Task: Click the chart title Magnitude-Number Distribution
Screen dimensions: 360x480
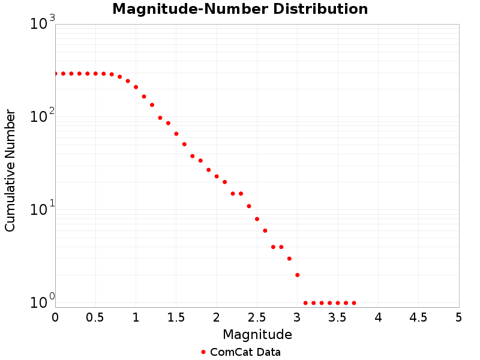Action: click(240, 10)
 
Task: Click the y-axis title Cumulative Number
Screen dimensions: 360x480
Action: click(10, 171)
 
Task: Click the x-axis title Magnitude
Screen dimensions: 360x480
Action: click(257, 334)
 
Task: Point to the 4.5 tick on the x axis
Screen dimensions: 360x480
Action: click(418, 317)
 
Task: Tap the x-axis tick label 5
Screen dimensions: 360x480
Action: click(458, 317)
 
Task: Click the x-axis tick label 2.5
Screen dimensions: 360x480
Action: click(257, 317)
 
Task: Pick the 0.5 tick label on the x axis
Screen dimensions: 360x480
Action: click(95, 317)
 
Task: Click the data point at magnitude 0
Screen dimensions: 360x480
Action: click(55, 73)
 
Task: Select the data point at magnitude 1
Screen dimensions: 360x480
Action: click(136, 87)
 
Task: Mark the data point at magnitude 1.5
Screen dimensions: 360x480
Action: click(176, 134)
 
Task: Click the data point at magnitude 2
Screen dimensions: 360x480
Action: click(217, 176)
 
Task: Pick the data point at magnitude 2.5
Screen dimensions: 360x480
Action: click(257, 219)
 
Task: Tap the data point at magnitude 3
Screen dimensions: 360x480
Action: click(297, 275)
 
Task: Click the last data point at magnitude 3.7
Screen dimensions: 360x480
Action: click(354, 303)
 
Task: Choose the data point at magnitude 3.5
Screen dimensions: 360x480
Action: click(338, 303)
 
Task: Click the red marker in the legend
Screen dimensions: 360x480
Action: click(203, 352)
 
